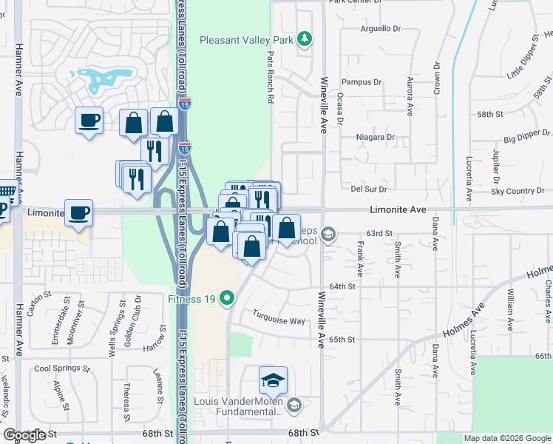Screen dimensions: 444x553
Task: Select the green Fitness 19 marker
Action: (227, 299)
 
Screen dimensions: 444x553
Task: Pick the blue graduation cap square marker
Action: (273, 380)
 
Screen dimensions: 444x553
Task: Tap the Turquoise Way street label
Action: (279, 321)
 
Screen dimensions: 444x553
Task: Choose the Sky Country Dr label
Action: (523, 192)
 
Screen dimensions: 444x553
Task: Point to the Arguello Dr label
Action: (380, 29)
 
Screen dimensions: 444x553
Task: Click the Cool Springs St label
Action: (62, 369)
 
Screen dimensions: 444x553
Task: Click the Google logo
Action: (24, 435)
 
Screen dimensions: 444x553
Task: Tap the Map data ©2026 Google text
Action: (506, 438)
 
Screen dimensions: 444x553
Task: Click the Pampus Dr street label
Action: (360, 82)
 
